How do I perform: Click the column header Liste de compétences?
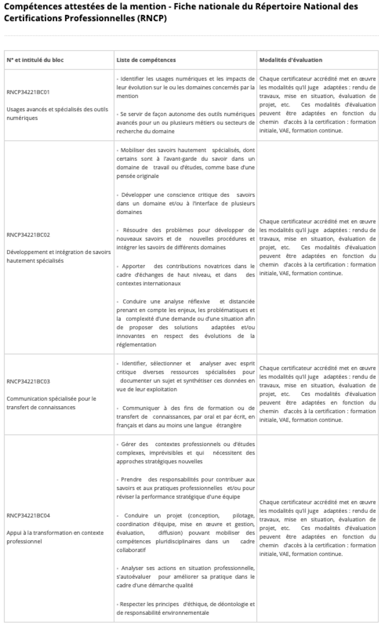coord(146,60)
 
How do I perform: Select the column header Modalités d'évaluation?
coord(290,60)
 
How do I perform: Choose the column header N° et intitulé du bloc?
coord(35,60)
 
